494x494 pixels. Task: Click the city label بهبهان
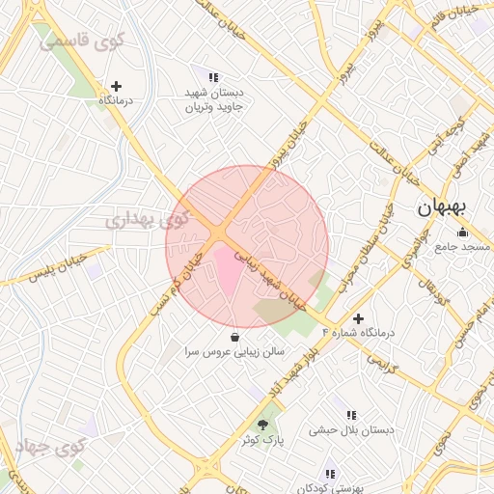tap(444, 207)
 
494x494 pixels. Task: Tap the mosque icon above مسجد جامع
tap(462, 232)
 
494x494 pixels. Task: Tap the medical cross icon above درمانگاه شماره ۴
tap(358, 317)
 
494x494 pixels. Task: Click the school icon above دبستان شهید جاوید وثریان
tap(213, 77)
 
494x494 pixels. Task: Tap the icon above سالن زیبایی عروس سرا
tap(235, 338)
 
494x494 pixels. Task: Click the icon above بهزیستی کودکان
tap(330, 474)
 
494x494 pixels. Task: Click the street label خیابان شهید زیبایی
tap(273, 280)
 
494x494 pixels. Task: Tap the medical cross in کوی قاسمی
tap(116, 86)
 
